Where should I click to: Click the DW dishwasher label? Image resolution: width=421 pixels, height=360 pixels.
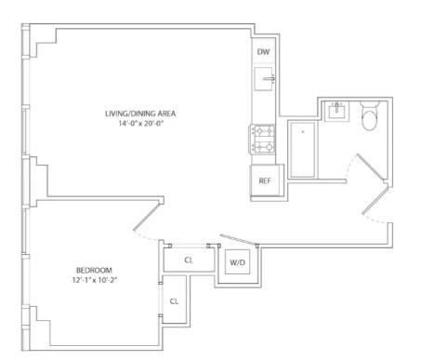(263, 52)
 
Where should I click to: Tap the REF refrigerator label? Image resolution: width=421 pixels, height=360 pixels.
(265, 180)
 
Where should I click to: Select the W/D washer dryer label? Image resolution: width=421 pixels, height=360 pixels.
(237, 262)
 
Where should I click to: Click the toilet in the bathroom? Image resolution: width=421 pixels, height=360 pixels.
(370, 115)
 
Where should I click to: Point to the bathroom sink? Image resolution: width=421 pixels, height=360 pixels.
(337, 110)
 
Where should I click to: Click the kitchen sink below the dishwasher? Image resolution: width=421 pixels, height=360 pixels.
(264, 79)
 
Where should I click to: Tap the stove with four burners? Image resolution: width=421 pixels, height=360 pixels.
(262, 140)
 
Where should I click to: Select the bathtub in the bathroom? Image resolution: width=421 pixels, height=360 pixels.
(303, 150)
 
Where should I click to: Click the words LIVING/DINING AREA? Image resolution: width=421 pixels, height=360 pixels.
(140, 113)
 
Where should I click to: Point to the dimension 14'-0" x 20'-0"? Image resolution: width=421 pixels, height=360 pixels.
(140, 124)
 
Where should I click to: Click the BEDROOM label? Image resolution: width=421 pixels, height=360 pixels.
(94, 270)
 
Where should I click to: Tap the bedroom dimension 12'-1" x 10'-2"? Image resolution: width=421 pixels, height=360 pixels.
(95, 280)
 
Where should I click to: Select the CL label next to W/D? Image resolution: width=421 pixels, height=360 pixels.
(189, 260)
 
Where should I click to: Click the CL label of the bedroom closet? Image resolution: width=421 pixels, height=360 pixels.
(174, 301)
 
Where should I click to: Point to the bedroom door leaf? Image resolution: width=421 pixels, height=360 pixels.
(148, 215)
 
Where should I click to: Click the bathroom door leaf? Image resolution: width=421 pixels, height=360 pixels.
(371, 167)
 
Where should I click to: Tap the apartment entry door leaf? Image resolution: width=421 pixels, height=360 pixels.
(375, 200)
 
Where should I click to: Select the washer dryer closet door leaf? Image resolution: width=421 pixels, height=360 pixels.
(238, 239)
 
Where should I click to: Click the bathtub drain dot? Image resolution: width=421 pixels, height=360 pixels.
(303, 132)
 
